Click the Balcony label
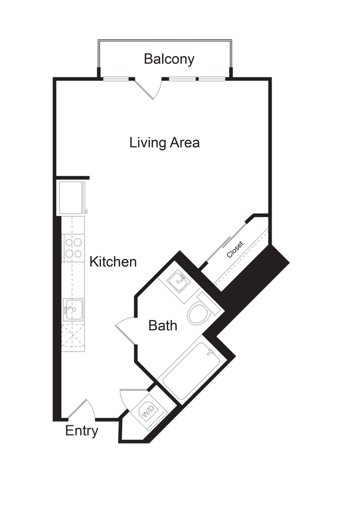pos(169,59)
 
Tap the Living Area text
pos(164,142)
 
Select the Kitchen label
pos(113,262)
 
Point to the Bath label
pos(163,325)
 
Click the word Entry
pos(82,431)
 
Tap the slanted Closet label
pos(235,249)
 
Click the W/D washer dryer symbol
pos(148,412)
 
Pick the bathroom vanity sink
pos(179,282)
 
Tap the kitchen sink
pos(73,309)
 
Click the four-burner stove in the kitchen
pos(73,248)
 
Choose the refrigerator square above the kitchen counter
pos(71,198)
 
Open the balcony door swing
pos(148,89)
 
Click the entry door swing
pos(82,409)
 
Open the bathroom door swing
pos(125,331)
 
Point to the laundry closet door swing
pos(132,399)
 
